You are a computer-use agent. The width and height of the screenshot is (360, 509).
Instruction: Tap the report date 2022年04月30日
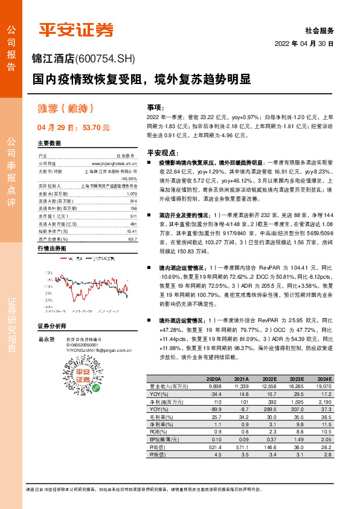click(304, 44)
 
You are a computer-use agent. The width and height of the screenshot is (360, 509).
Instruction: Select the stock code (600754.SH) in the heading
click(106, 59)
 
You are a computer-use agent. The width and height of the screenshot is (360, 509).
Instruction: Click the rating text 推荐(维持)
click(59, 110)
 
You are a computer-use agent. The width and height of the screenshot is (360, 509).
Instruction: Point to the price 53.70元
click(95, 128)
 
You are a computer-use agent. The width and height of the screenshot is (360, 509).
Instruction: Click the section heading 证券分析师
click(52, 326)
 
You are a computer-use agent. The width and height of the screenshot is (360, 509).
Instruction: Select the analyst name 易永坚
click(46, 340)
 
